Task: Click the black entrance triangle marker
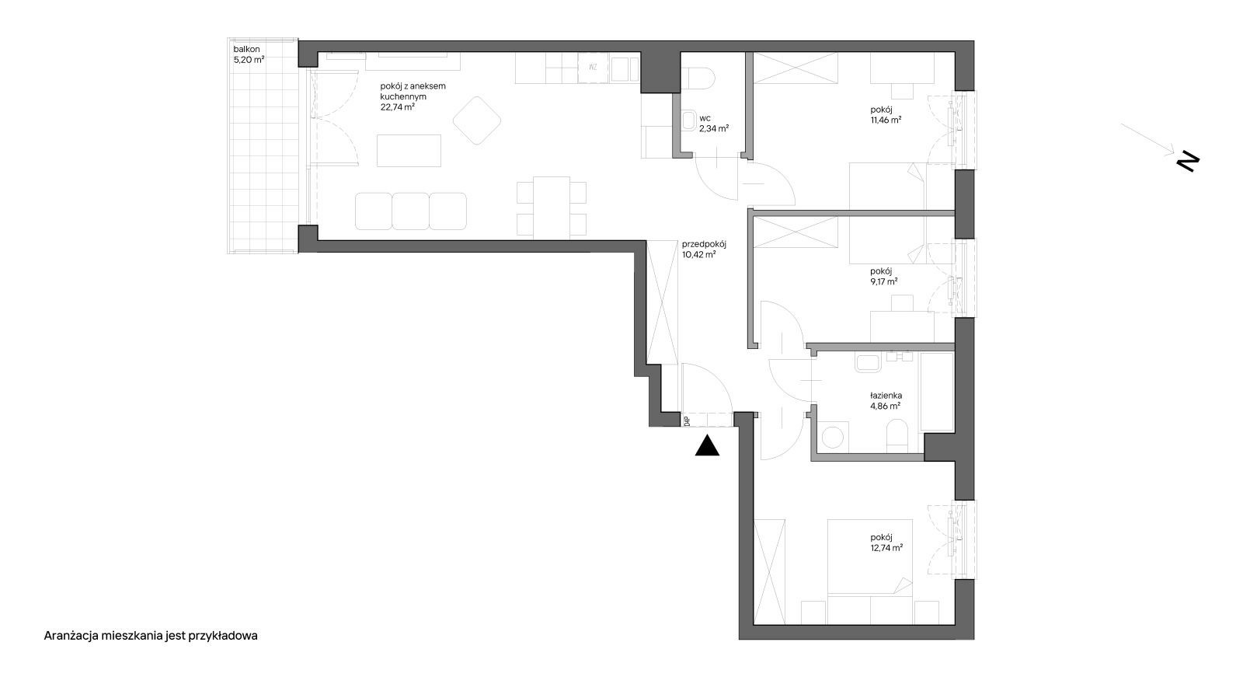click(x=707, y=446)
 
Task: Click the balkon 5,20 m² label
click(x=249, y=54)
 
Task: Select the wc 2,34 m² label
click(x=714, y=124)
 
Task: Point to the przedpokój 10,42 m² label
click(x=704, y=250)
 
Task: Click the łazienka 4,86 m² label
click(x=886, y=401)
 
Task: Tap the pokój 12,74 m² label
click(x=886, y=543)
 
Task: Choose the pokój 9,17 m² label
click(x=884, y=277)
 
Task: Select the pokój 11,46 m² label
click(x=886, y=114)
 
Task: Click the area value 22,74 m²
click(x=397, y=107)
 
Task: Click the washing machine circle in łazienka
click(x=832, y=438)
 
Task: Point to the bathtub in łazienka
click(x=937, y=392)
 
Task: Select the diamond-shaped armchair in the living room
click(x=477, y=120)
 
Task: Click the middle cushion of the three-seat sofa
click(x=410, y=211)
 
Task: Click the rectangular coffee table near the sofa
click(x=409, y=151)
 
